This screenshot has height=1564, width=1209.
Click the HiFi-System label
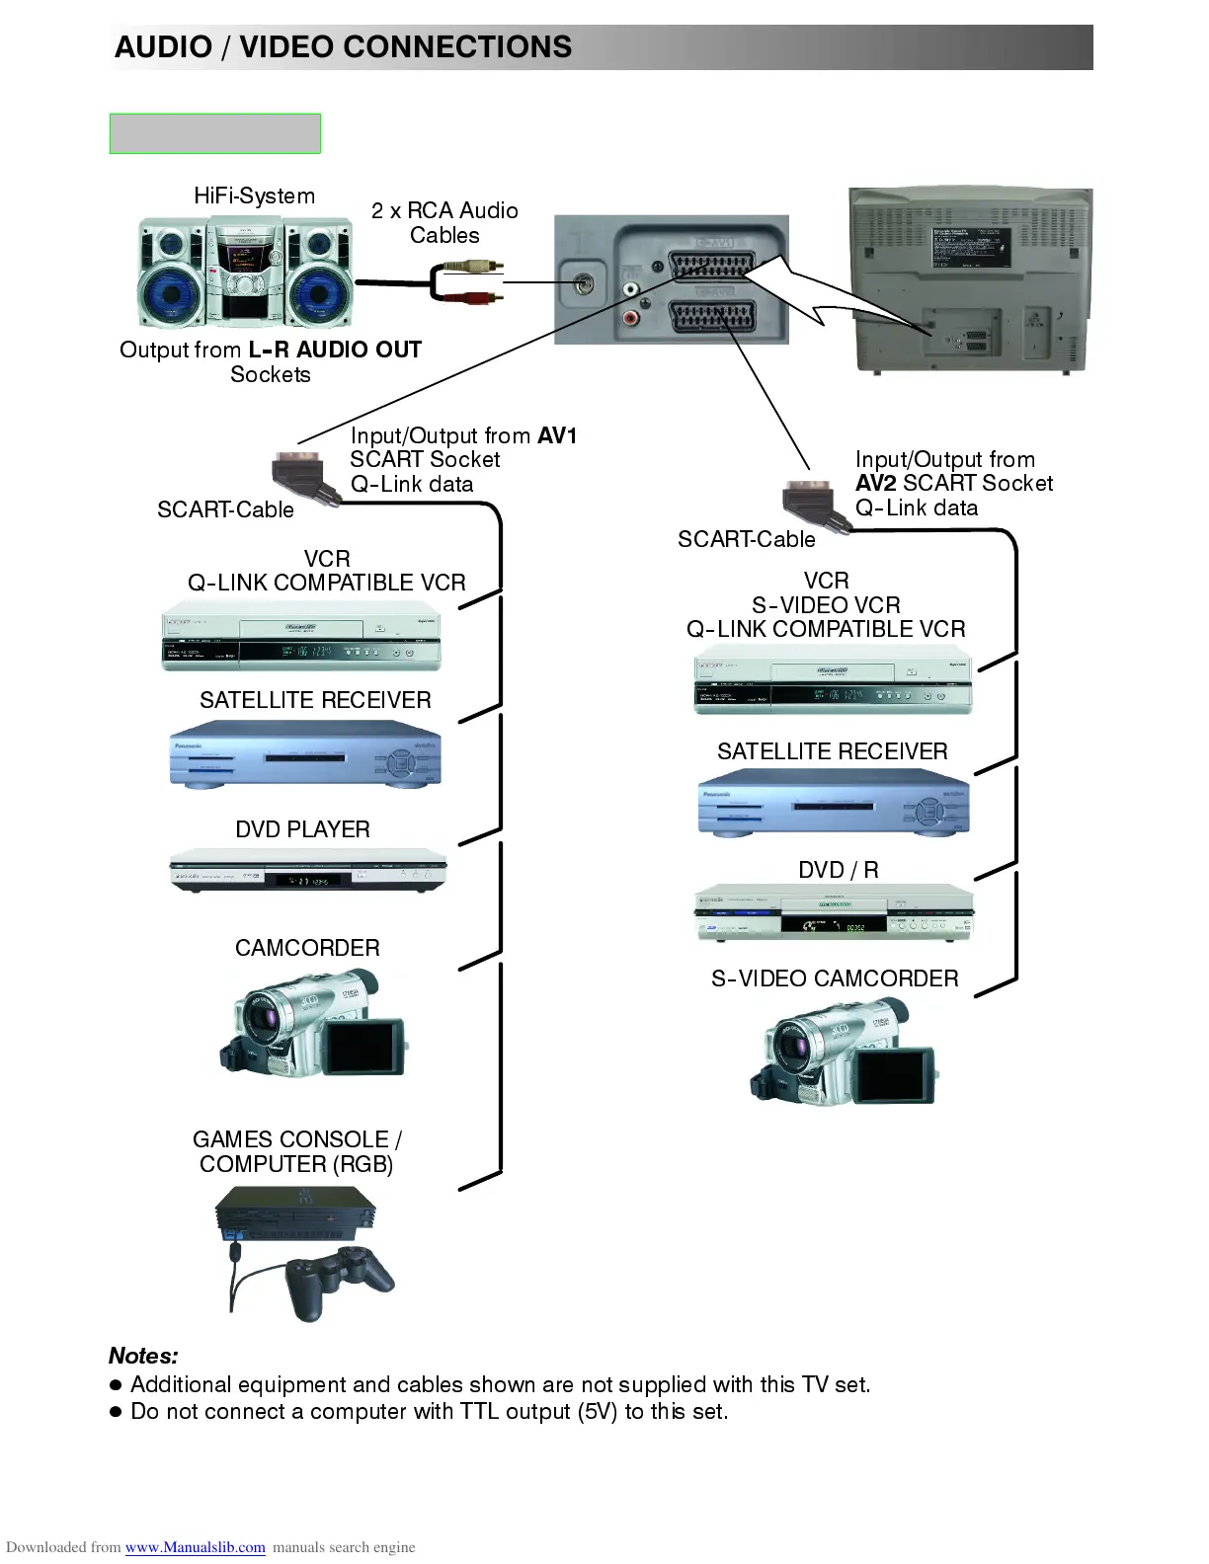pyautogui.click(x=254, y=195)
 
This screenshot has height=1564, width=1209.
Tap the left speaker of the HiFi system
pyautogui.click(x=171, y=274)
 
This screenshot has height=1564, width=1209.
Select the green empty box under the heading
pyautogui.click(x=214, y=133)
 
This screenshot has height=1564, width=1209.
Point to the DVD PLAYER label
pyautogui.click(x=302, y=829)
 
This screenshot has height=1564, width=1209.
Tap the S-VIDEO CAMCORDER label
pyautogui.click(x=835, y=978)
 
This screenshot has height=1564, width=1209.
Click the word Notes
pyautogui.click(x=143, y=1356)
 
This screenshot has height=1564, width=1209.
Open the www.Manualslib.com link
pyautogui.click(x=195, y=1547)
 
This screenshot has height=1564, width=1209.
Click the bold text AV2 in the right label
pyautogui.click(x=876, y=483)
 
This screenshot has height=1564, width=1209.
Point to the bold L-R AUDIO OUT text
pyautogui.click(x=335, y=350)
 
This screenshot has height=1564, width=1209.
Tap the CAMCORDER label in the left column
pyautogui.click(x=307, y=948)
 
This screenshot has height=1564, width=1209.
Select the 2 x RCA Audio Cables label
pyautogui.click(x=444, y=222)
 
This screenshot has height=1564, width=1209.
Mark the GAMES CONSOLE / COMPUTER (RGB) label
pyautogui.click(x=296, y=1151)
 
